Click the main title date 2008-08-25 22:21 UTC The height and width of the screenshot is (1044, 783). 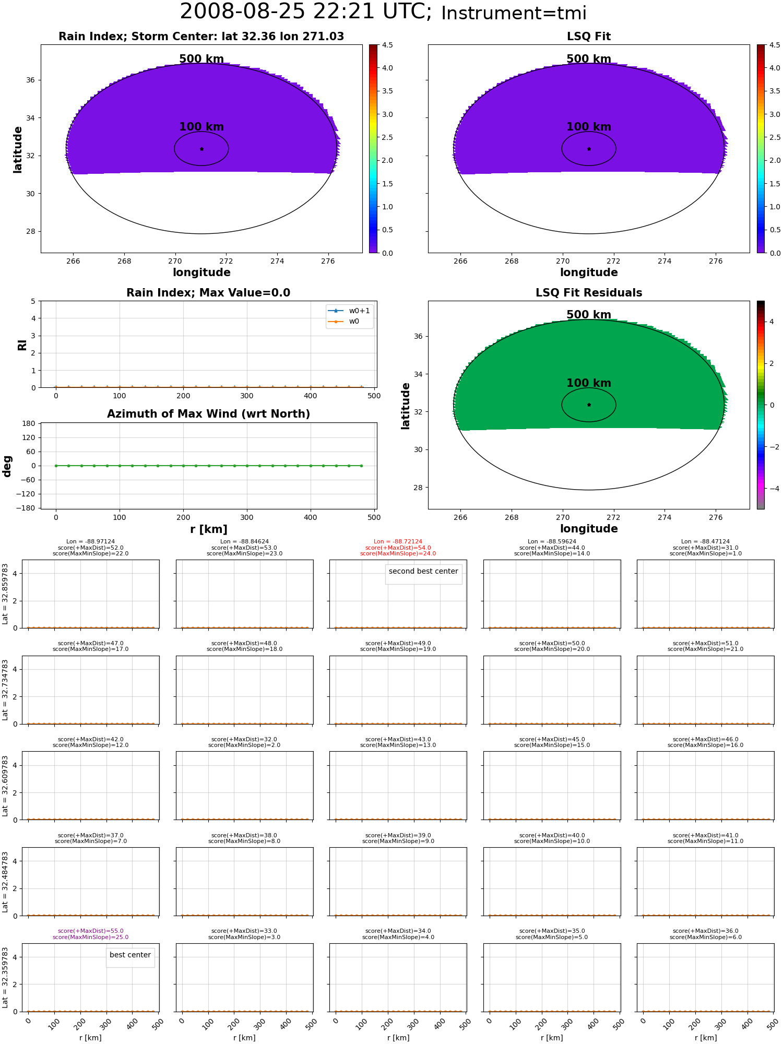[306, 12]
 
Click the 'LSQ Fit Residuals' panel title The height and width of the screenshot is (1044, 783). [589, 293]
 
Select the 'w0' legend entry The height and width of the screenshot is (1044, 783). [344, 321]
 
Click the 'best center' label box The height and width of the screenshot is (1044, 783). [130, 955]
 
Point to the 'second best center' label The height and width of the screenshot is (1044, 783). [423, 571]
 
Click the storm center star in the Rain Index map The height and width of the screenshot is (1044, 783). [201, 149]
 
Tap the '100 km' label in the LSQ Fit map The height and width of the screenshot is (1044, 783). [589, 127]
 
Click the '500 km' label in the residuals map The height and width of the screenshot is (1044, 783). [589, 315]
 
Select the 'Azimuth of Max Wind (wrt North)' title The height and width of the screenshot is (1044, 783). [208, 414]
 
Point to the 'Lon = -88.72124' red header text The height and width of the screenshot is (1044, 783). [398, 542]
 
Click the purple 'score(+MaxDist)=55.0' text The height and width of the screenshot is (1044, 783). [91, 931]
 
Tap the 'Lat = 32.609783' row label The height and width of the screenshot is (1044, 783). [5, 786]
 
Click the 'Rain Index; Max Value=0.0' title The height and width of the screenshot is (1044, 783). [208, 293]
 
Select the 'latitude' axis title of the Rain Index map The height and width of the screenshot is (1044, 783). [18, 149]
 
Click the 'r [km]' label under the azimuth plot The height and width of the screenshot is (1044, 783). [208, 529]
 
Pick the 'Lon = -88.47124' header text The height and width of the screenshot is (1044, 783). [705, 542]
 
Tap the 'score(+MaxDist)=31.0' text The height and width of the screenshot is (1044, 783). [705, 548]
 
